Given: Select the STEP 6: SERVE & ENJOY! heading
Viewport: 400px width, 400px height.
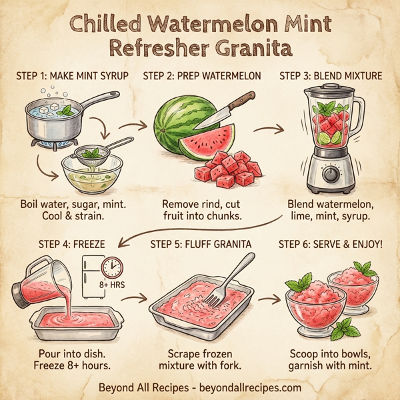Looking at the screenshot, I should click(331, 243).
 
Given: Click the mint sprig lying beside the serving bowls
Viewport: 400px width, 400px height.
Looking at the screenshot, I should click(343, 329).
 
